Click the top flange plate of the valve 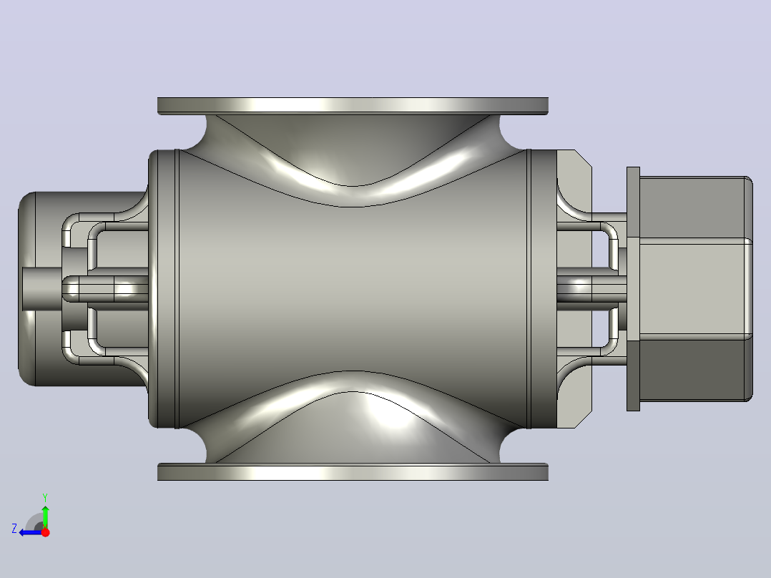tap(353, 106)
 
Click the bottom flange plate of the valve tap(353, 471)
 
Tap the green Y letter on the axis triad tap(45, 497)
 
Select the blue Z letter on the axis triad tap(14, 529)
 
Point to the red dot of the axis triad tap(45, 532)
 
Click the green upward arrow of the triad tap(45, 516)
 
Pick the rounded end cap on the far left tap(29, 289)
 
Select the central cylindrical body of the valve tap(353, 289)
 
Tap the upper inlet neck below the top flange tap(353, 142)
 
